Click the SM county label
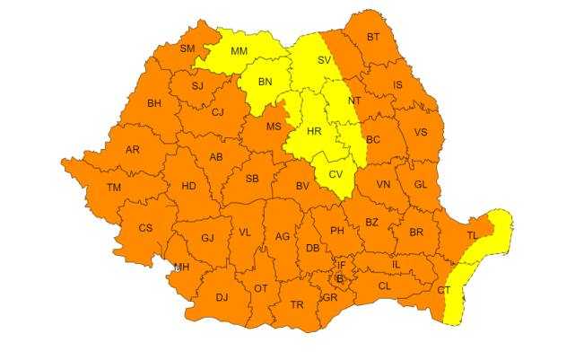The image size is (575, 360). click(x=187, y=48)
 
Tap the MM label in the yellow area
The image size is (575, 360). click(x=239, y=51)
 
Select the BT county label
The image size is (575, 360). click(x=373, y=37)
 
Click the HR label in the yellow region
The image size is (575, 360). click(x=314, y=131)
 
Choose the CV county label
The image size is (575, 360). click(x=335, y=174)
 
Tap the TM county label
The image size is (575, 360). click(x=113, y=188)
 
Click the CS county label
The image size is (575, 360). click(x=144, y=228)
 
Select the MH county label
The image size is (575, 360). click(x=181, y=268)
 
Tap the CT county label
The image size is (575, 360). click(x=443, y=289)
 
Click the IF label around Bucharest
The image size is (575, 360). click(x=341, y=264)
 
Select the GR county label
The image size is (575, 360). click(x=329, y=297)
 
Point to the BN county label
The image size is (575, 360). click(x=265, y=82)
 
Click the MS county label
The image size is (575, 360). click(x=274, y=127)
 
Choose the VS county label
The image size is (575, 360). click(x=421, y=132)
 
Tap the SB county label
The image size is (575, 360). click(x=252, y=179)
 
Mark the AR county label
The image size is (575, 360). click(x=132, y=150)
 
